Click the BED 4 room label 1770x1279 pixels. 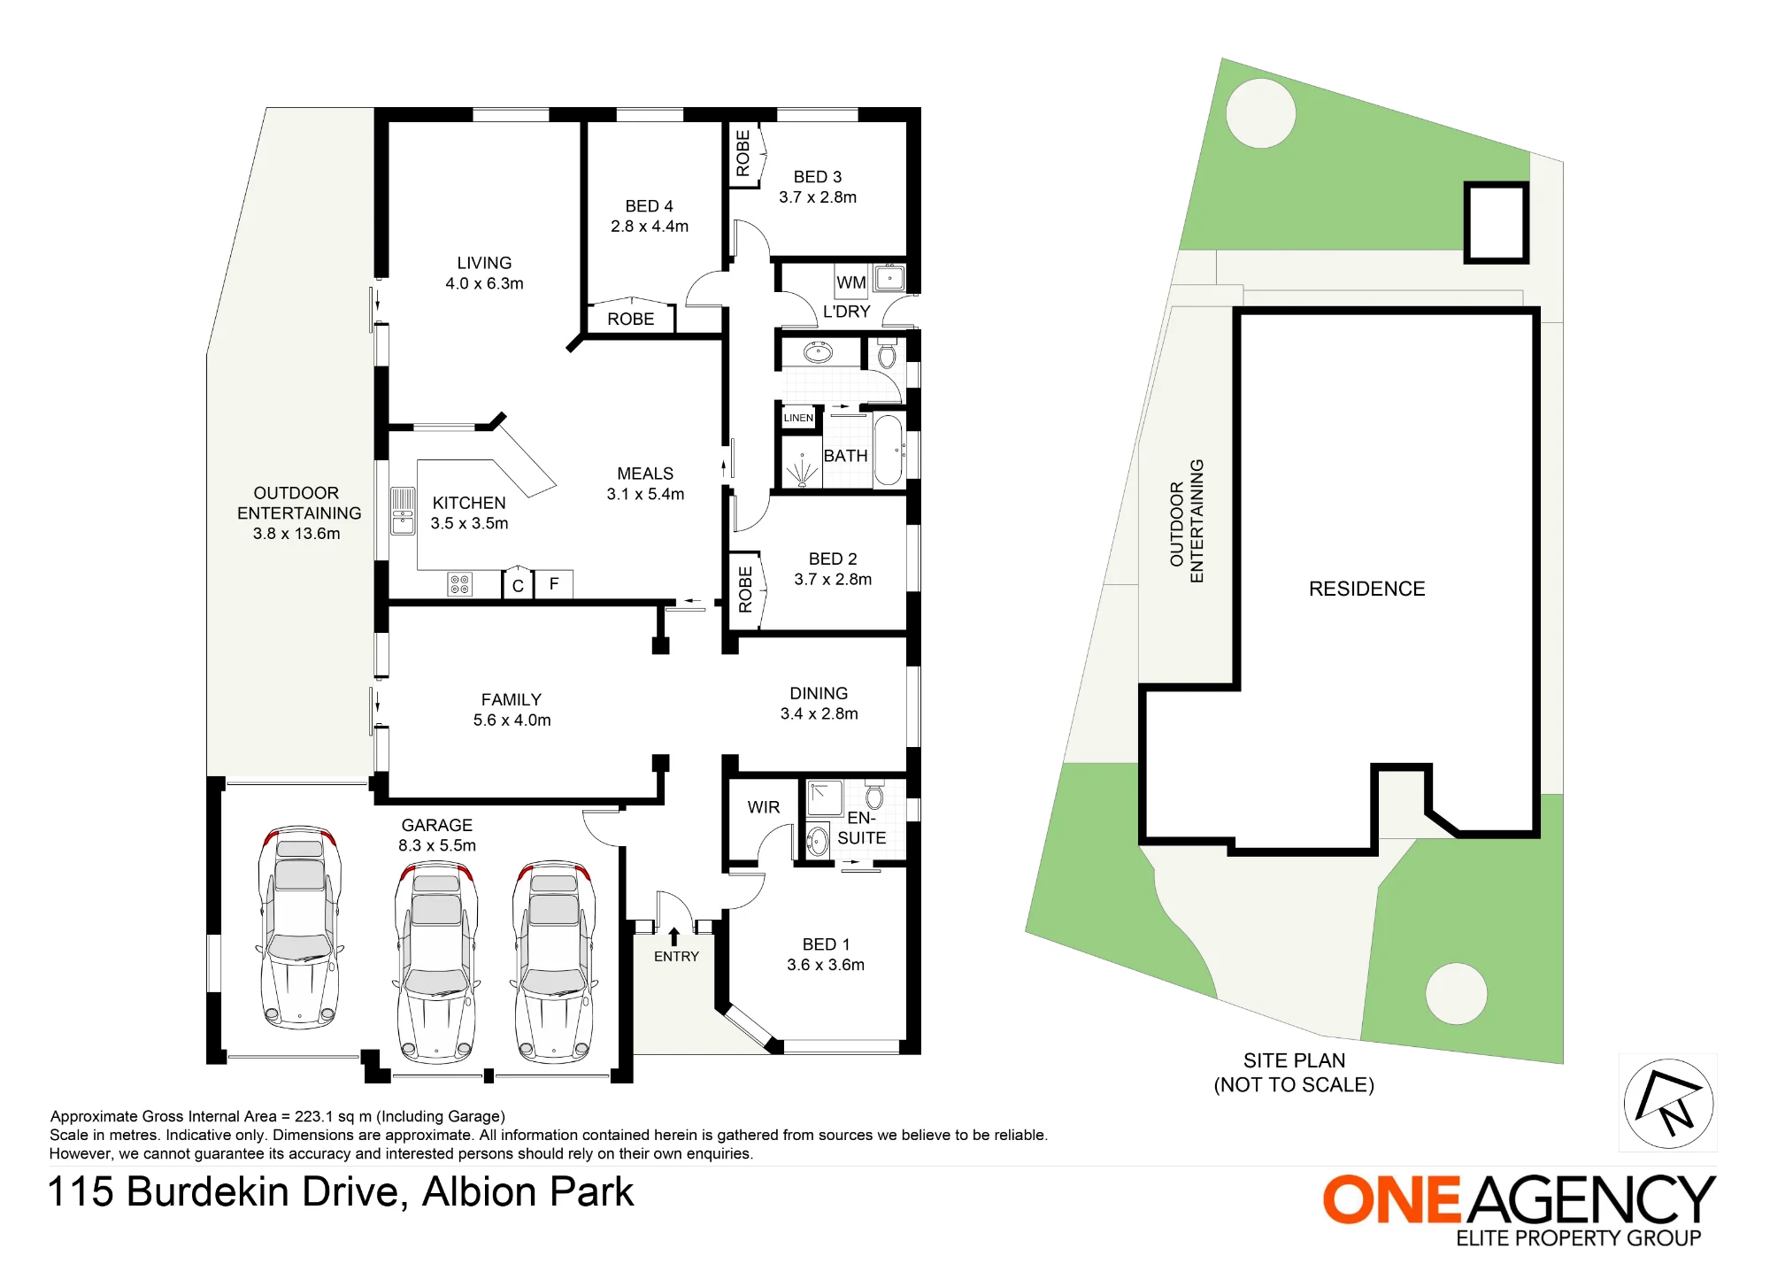point(649,206)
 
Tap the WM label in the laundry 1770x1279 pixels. point(850,282)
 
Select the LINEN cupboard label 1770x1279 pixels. point(798,418)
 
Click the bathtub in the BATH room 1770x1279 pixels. point(888,451)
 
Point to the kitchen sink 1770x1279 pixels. point(403,511)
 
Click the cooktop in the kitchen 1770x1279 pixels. point(459,584)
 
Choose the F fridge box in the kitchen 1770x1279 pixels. point(554,584)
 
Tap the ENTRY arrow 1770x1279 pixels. point(673,936)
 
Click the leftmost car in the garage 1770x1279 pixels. point(299,927)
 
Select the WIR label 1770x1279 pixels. point(763,807)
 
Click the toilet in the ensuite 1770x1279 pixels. point(874,796)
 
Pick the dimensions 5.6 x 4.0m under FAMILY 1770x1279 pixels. point(512,720)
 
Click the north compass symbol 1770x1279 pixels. point(1668,1103)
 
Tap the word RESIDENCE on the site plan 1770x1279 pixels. point(1366,589)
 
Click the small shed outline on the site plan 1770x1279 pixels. point(1497,223)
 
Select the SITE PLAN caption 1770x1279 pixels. point(1294,1060)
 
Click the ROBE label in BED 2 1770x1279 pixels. point(745,589)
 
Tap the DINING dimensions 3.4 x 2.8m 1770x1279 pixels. point(819,714)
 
